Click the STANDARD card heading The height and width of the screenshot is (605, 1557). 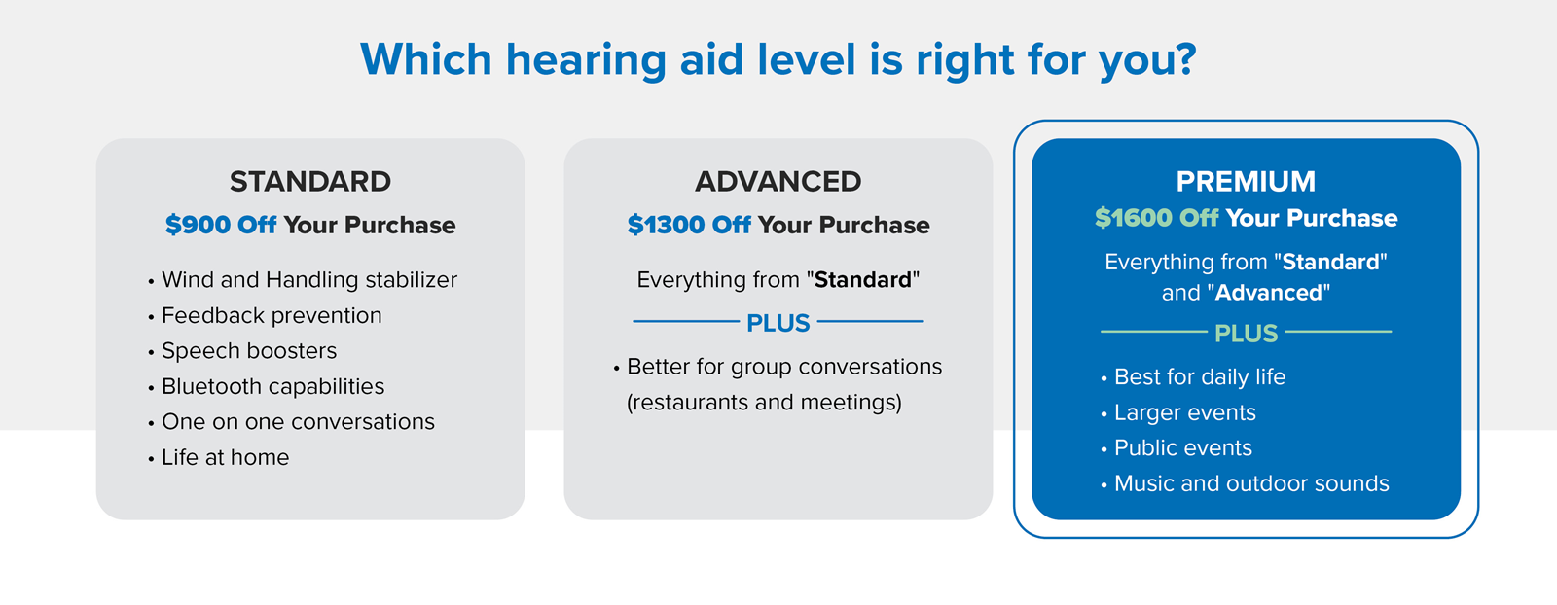pyautogui.click(x=310, y=182)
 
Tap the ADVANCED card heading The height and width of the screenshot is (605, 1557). pyautogui.click(x=778, y=182)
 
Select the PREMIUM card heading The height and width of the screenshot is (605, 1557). pyautogui.click(x=1246, y=182)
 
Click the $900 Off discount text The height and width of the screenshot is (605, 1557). pyautogui.click(x=221, y=226)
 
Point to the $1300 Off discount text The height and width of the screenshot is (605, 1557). pyautogui.click(x=689, y=226)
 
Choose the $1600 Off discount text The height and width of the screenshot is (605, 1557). pyautogui.click(x=1156, y=218)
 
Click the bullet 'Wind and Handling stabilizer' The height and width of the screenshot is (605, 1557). pyautogui.click(x=308, y=280)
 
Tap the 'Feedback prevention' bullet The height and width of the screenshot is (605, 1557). pyautogui.click(x=272, y=316)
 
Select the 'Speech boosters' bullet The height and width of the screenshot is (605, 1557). pyautogui.click(x=249, y=351)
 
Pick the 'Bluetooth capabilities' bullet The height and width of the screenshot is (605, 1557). pyautogui.click(x=272, y=387)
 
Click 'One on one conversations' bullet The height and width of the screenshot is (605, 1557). pyautogui.click(x=298, y=422)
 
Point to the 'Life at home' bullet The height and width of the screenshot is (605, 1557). pyautogui.click(x=225, y=458)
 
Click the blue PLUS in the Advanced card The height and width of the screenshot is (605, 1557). pyautogui.click(x=778, y=324)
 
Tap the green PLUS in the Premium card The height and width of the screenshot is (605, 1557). pyautogui.click(x=1246, y=334)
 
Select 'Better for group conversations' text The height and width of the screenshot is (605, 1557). pyautogui.click(x=784, y=368)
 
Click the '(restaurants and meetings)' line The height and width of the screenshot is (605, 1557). pyautogui.click(x=764, y=403)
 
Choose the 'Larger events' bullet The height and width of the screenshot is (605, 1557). pyautogui.click(x=1184, y=413)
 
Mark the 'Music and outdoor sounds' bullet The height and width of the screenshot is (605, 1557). pyautogui.click(x=1251, y=484)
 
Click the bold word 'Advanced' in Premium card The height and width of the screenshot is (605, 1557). pyautogui.click(x=1269, y=294)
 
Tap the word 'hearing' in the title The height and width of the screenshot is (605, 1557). pyautogui.click(x=586, y=60)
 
